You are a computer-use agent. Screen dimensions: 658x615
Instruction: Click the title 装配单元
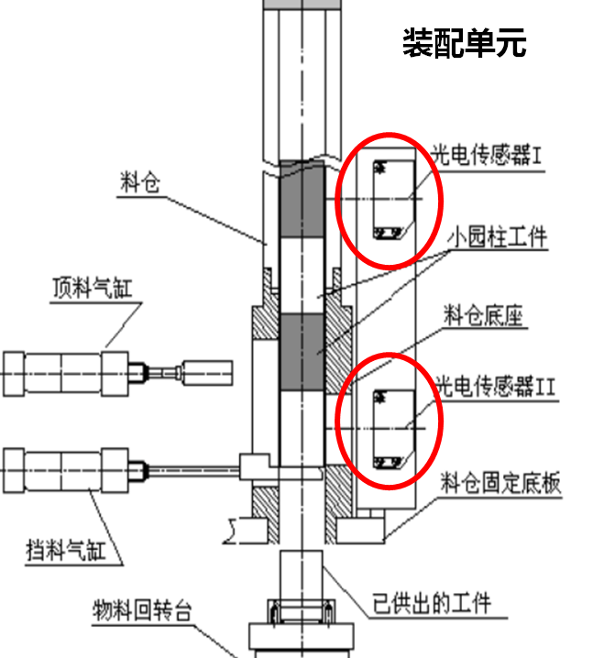click(465, 42)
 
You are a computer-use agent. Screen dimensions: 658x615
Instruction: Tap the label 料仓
click(140, 181)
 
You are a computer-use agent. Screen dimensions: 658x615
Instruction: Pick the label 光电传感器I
click(488, 156)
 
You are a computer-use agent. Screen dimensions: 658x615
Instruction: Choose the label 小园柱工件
click(498, 238)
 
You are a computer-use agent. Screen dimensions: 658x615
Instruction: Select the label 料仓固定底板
click(500, 483)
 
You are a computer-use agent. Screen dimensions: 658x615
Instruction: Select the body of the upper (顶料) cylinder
click(63, 372)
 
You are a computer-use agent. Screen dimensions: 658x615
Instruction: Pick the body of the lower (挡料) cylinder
click(63, 469)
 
